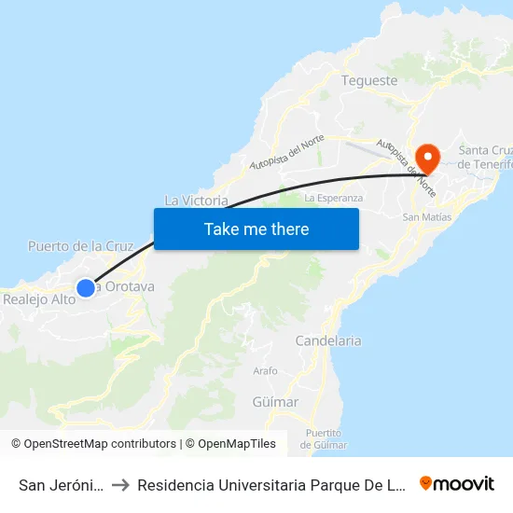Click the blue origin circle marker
click(x=85, y=288)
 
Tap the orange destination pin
click(x=428, y=156)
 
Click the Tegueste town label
click(x=370, y=80)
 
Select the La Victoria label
click(x=196, y=201)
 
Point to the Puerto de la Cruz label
click(x=81, y=246)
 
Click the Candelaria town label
click(x=327, y=340)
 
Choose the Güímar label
click(x=275, y=402)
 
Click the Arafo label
click(x=265, y=370)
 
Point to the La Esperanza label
click(x=333, y=198)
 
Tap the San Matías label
click(x=426, y=217)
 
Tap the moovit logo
click(x=457, y=483)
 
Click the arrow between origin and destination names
click(x=120, y=485)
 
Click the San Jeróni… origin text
click(x=60, y=485)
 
